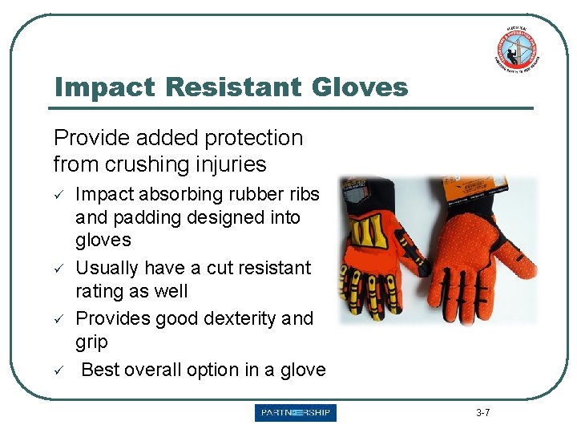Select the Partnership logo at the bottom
pyautogui.click(x=296, y=413)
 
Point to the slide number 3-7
pyautogui.click(x=483, y=413)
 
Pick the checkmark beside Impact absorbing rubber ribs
pyautogui.click(x=58, y=195)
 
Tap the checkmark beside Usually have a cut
pyautogui.click(x=58, y=267)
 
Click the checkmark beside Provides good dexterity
pyautogui.click(x=58, y=318)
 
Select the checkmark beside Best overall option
pyautogui.click(x=58, y=370)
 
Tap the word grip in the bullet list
pyautogui.click(x=91, y=342)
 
